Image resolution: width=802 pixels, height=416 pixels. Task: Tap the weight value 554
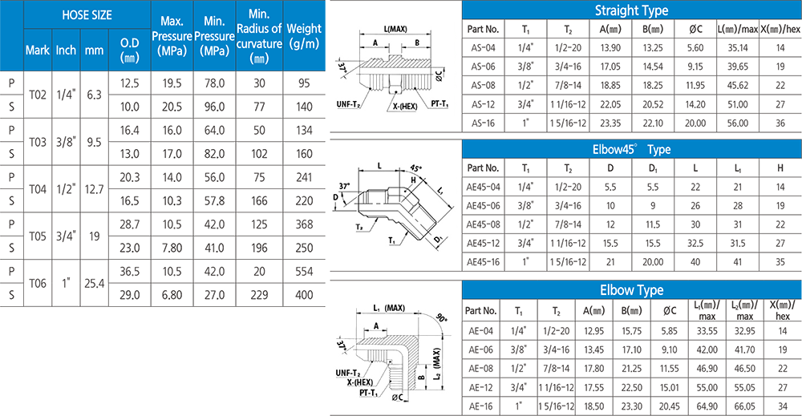point(303,272)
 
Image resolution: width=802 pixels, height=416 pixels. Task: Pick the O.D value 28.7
point(129,224)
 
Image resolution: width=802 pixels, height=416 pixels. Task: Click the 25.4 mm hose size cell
point(94,283)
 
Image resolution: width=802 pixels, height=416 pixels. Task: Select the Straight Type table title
point(631,10)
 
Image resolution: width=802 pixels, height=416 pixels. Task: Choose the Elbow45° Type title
point(631,150)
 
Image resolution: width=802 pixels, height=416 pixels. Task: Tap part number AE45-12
point(484,242)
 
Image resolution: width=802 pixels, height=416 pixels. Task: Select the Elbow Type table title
point(631,290)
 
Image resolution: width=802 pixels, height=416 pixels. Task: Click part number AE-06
point(480,349)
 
